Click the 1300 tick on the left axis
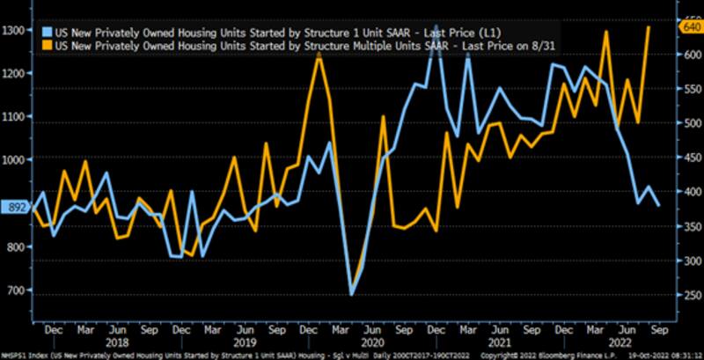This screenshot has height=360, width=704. click(x=15, y=31)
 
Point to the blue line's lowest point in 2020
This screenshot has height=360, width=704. click(x=351, y=295)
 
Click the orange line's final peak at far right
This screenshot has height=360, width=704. click(x=649, y=26)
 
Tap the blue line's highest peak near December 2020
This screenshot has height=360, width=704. click(x=436, y=50)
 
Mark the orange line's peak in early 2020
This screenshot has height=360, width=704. click(x=319, y=55)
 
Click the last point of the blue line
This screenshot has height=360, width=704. click(x=661, y=205)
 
